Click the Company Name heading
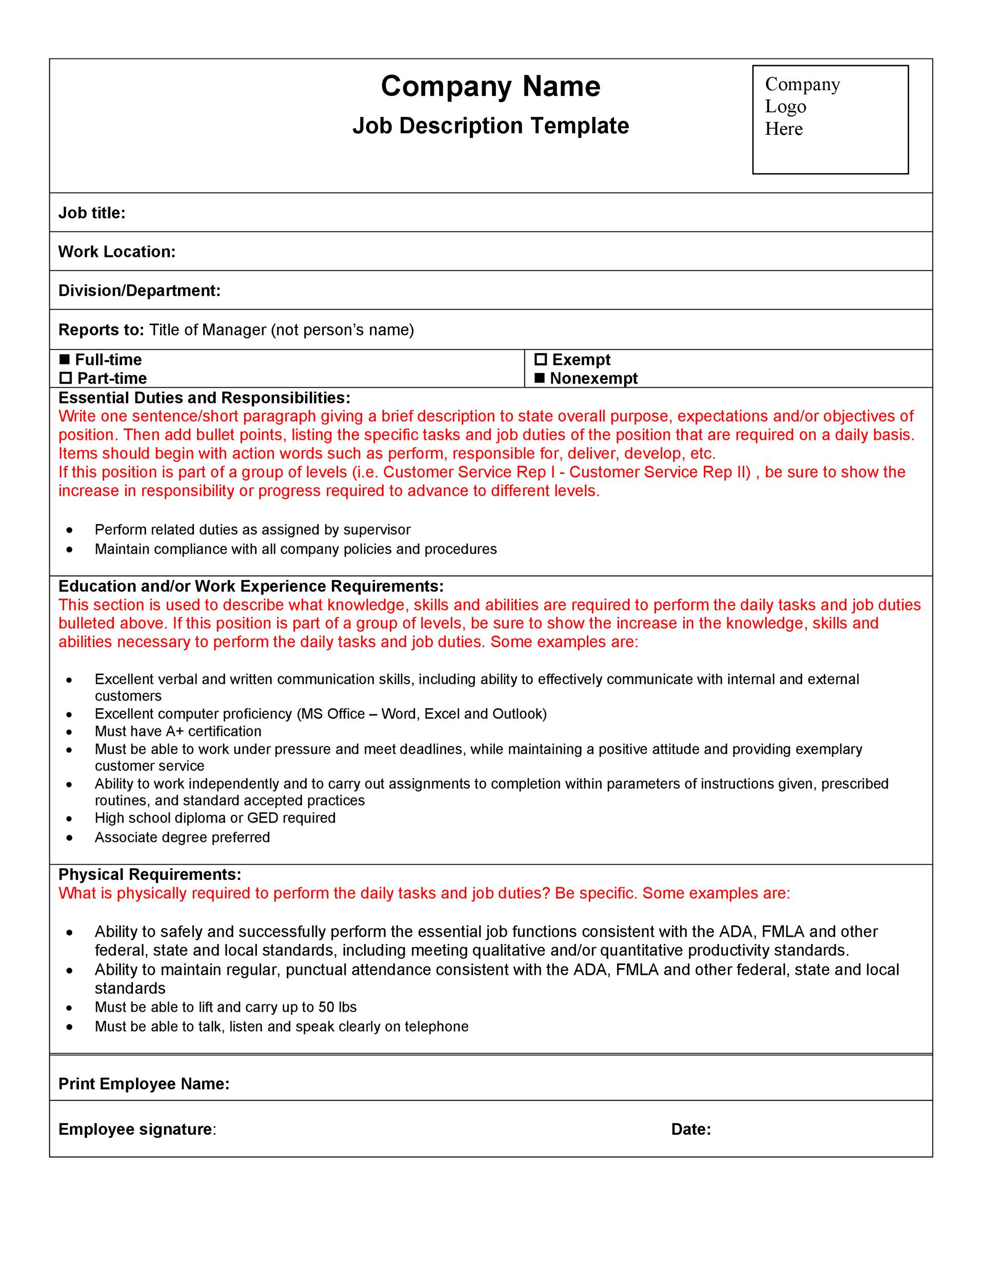pos(490,86)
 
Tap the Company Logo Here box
pos(830,120)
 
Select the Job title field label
pos(92,213)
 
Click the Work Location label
pos(117,252)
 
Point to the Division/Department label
pos(139,291)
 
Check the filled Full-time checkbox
pos(65,359)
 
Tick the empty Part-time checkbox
pos(66,378)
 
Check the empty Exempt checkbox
pos(541,359)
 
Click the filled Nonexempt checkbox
pos(540,378)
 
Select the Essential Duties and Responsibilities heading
pos(204,398)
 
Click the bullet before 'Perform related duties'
pos(70,530)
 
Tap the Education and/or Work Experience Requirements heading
pos(251,587)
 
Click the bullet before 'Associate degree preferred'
pos(70,837)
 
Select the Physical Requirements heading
pos(150,875)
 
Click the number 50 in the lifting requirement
pos(326,1007)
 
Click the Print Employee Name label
pos(144,1084)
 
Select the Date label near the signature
pos(691,1129)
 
